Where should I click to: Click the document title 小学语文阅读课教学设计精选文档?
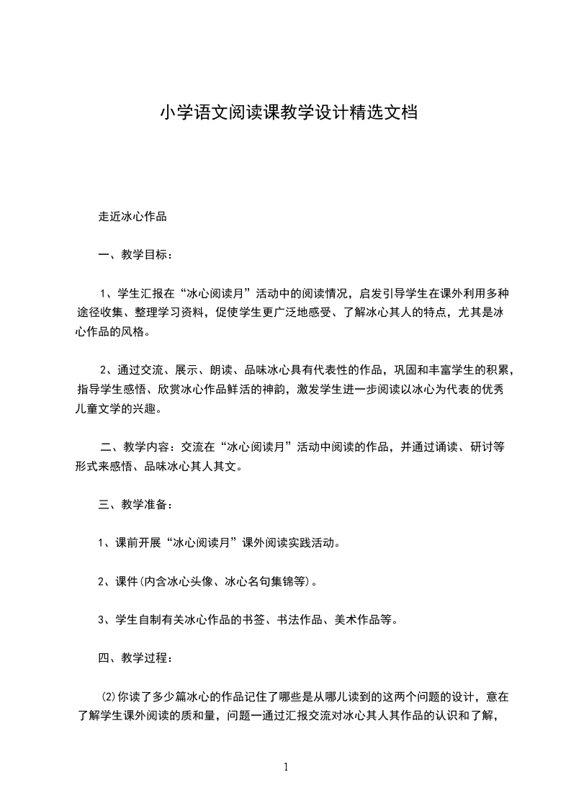click(x=288, y=113)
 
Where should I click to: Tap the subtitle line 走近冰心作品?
click(x=132, y=216)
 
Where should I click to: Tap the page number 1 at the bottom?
click(x=287, y=767)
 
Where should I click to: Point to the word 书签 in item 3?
click(x=257, y=619)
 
